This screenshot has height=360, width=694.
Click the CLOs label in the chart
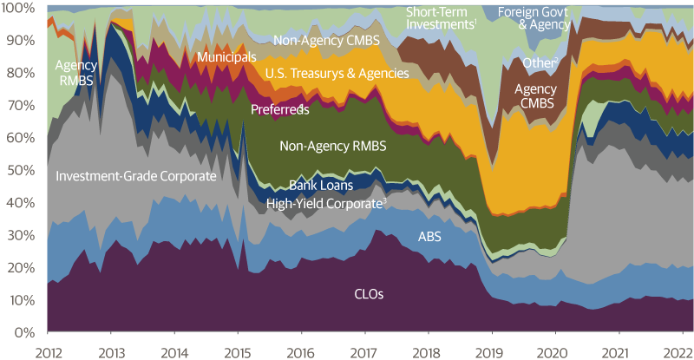(369, 294)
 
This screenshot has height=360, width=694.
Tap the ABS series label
(429, 235)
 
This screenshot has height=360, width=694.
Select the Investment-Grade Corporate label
(136, 176)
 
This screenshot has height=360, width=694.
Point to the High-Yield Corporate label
(325, 203)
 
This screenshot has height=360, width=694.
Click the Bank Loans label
(320, 186)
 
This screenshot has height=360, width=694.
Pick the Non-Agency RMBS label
(332, 147)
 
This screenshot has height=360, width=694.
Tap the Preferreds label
(280, 110)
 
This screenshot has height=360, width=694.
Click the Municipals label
(226, 57)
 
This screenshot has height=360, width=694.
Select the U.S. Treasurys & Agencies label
(337, 74)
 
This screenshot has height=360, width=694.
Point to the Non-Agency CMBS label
(325, 40)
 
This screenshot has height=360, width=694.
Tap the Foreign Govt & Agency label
(546, 18)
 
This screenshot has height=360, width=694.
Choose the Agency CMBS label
(536, 95)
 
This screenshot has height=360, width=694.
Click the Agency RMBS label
(76, 71)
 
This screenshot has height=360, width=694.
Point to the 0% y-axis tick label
(23, 332)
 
